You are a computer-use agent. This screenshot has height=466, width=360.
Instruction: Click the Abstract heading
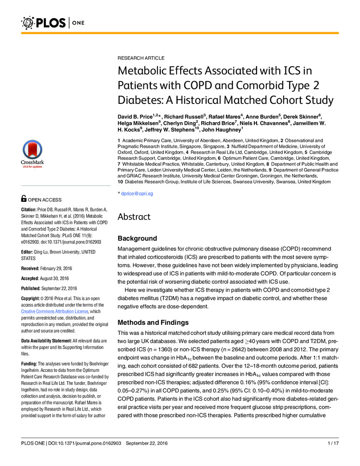click(135, 217)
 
